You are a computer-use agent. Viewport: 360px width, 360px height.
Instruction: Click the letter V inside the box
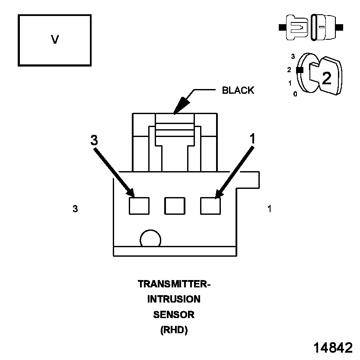click(54, 40)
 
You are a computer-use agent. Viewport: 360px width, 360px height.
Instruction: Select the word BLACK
click(238, 91)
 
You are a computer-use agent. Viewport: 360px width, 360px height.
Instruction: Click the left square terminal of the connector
click(139, 205)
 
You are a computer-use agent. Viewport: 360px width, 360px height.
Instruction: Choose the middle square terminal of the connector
click(175, 205)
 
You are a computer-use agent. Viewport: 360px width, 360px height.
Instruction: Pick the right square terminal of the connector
click(210, 205)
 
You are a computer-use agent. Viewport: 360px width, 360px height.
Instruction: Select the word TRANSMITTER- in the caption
click(174, 284)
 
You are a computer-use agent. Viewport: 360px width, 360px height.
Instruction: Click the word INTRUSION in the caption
click(174, 299)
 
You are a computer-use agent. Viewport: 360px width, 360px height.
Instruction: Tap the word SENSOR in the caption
click(174, 315)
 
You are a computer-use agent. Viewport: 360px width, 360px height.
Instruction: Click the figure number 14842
click(333, 348)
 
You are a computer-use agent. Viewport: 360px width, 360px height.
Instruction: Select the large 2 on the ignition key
click(327, 78)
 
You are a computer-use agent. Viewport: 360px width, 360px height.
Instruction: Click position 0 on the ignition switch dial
click(295, 94)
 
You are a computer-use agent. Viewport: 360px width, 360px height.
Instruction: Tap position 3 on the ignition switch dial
click(293, 57)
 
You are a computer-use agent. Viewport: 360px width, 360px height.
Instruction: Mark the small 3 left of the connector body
click(75, 209)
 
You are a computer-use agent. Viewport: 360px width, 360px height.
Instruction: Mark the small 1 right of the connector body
click(269, 209)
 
